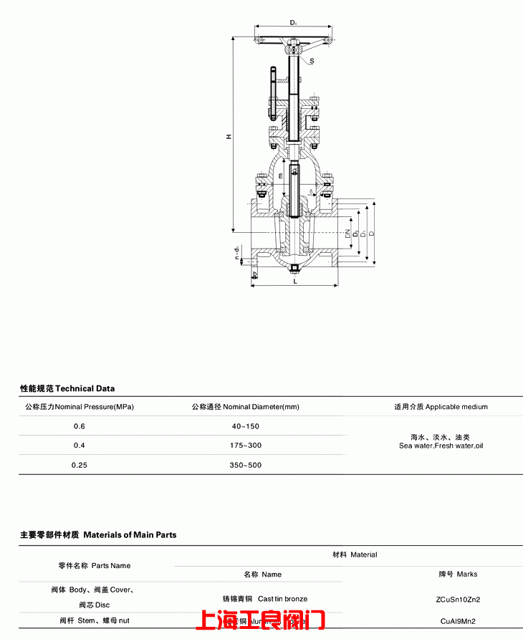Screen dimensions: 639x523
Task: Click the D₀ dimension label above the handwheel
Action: point(294,23)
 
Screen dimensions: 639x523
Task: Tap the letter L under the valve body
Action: point(295,282)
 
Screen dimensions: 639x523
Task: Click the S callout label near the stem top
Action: point(312,62)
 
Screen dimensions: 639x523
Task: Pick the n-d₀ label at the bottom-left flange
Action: point(237,253)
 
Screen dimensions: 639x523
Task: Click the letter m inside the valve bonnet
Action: point(281,175)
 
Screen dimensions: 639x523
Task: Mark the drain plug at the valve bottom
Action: point(294,269)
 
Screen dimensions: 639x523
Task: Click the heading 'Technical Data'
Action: point(85,389)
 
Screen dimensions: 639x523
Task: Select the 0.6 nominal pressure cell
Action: point(79,426)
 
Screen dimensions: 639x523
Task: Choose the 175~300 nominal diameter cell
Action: point(245,446)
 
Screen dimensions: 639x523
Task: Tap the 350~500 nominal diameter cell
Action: point(245,465)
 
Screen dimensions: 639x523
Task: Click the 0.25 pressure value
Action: point(79,465)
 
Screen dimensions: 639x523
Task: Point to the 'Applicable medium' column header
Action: point(456,407)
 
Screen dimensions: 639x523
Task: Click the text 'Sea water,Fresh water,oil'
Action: point(441,446)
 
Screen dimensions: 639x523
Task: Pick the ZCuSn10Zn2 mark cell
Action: point(457,599)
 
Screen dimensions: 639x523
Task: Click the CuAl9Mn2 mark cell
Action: point(457,621)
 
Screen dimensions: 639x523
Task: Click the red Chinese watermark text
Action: point(261,620)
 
